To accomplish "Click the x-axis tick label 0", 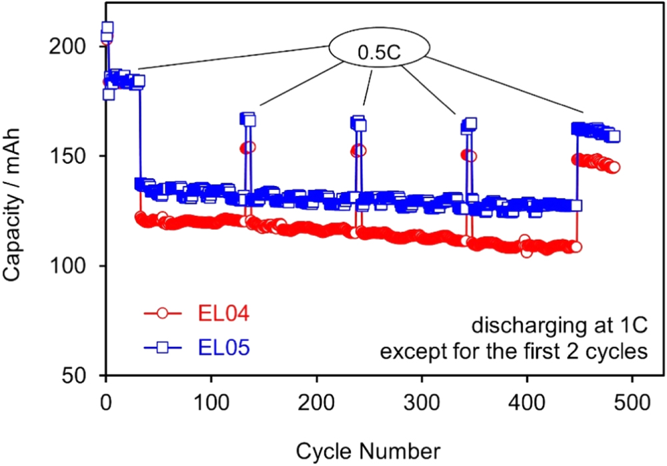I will tap(106, 402).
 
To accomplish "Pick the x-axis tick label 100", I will tap(211, 402).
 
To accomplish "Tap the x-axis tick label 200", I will tap(317, 402).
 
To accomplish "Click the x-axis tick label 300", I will tap(422, 402).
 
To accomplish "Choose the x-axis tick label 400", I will tap(528, 402).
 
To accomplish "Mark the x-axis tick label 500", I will tap(632, 402).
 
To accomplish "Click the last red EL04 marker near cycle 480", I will tap(614, 167).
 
